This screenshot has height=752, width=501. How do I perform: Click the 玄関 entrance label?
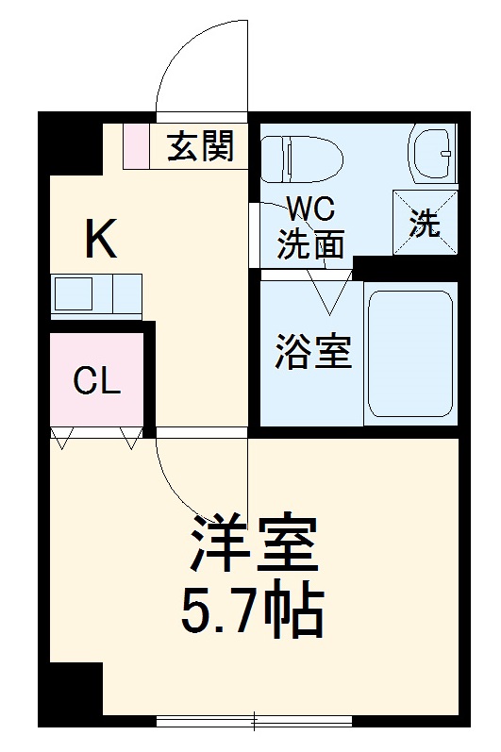pyautogui.click(x=200, y=146)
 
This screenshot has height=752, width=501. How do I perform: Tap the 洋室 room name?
pyautogui.click(x=253, y=544)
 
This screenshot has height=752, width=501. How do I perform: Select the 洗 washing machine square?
pyautogui.click(x=425, y=223)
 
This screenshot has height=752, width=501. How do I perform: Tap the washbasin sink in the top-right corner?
pyautogui.click(x=433, y=153)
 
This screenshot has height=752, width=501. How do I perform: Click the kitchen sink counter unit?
pyautogui.click(x=96, y=295)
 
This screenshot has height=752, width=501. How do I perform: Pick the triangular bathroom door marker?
pyautogui.click(x=331, y=292)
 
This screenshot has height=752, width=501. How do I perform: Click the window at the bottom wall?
pyautogui.click(x=254, y=722)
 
